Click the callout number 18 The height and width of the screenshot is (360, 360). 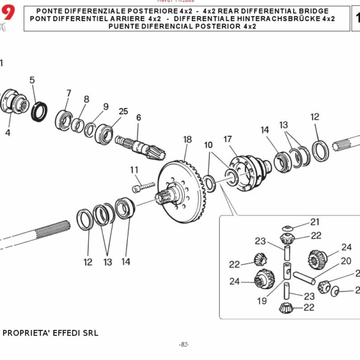click(187, 139)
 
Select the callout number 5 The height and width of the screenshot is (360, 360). click(32, 80)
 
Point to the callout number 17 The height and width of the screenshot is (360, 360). click(227, 139)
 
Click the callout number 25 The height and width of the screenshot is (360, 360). click(124, 112)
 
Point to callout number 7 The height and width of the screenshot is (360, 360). click(68, 93)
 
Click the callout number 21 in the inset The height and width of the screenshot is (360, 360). click(315, 223)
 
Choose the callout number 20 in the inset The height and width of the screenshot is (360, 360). click(329, 261)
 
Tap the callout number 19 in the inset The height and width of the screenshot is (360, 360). click(262, 301)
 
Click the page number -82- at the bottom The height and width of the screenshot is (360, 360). click(184, 344)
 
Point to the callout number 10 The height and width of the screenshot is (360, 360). click(208, 145)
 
